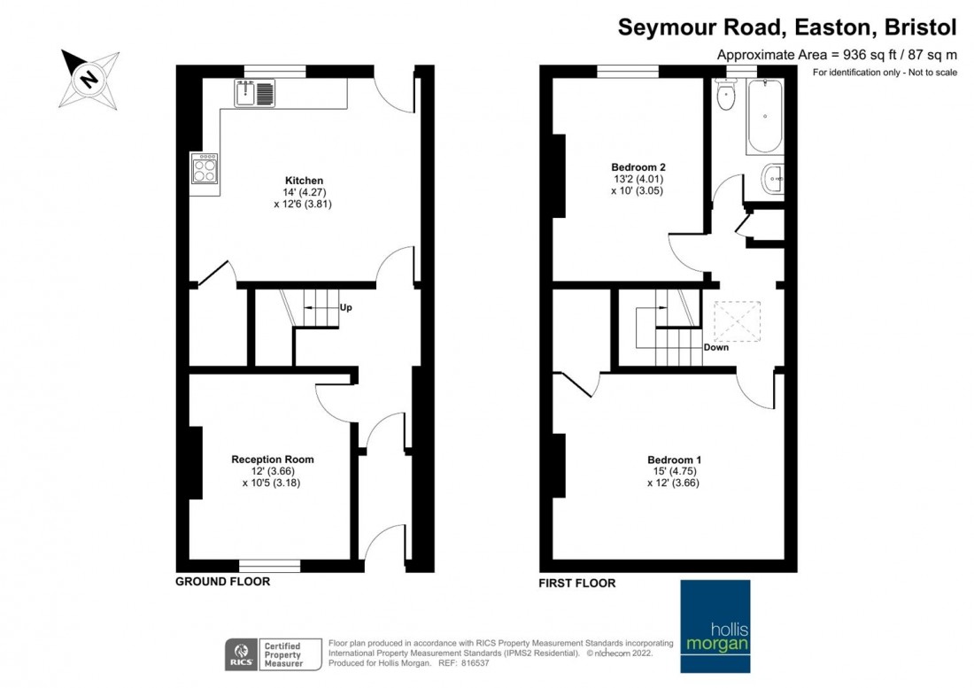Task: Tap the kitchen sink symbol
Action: [255, 91]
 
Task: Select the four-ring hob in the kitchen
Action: [204, 168]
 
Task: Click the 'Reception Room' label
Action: [273, 460]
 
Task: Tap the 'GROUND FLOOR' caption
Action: [222, 583]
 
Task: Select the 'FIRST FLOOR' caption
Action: [577, 584]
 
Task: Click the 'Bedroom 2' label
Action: [638, 166]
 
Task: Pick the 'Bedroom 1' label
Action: [674, 460]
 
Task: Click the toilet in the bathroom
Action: [727, 97]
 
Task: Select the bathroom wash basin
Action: [773, 180]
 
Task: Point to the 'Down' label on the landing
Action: [715, 347]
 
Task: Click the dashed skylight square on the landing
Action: [737, 321]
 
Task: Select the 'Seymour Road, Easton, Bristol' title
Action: [786, 27]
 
